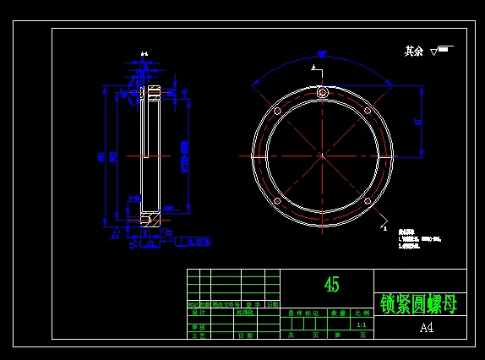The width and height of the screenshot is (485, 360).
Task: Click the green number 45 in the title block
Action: pyautogui.click(x=332, y=285)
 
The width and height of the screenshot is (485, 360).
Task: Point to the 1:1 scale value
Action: pyautogui.click(x=362, y=325)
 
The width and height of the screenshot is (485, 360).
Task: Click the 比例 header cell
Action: pyautogui.click(x=362, y=313)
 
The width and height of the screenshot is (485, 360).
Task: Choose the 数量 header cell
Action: pyautogui.click(x=338, y=313)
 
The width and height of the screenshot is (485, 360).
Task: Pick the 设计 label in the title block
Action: pyautogui.click(x=199, y=313)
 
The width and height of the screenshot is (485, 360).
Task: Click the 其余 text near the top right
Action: pyautogui.click(x=413, y=52)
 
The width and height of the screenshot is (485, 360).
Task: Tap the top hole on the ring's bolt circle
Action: pyautogui.click(x=322, y=92)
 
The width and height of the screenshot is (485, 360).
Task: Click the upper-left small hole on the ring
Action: pyautogui.click(x=277, y=111)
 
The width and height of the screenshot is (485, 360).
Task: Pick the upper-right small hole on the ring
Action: pyautogui.click(x=368, y=111)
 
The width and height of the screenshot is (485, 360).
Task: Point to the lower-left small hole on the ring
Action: pyautogui.click(x=277, y=201)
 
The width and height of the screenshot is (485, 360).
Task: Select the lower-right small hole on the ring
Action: pyautogui.click(x=368, y=201)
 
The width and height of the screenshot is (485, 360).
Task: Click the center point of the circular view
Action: pyautogui.click(x=322, y=155)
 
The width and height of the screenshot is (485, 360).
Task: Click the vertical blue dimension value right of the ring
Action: pyautogui.click(x=417, y=123)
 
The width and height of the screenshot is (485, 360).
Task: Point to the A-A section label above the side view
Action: pyautogui.click(x=144, y=54)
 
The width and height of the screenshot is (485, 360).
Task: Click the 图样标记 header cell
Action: pyautogui.click(x=302, y=313)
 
